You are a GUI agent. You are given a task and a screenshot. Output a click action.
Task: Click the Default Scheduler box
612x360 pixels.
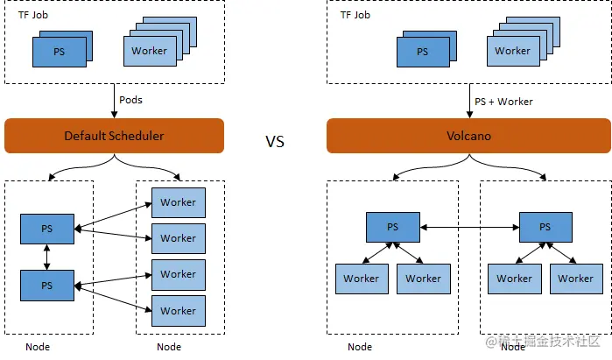pyautogui.click(x=114, y=136)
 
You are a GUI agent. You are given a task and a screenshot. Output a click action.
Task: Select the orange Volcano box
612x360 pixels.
pyautogui.click(x=468, y=136)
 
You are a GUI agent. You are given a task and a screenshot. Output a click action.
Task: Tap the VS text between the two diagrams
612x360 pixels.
pyautogui.click(x=275, y=141)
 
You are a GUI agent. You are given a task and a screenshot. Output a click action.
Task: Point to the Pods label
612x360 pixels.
pyautogui.click(x=130, y=100)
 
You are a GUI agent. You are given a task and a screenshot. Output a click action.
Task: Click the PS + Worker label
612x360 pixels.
pyautogui.click(x=503, y=102)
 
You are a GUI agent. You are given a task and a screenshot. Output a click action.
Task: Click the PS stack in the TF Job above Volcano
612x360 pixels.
pyautogui.click(x=423, y=51)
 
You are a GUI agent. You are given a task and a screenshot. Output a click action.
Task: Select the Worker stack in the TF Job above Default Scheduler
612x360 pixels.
pyautogui.click(x=150, y=51)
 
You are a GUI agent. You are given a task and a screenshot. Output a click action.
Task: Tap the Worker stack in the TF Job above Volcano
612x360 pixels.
pyautogui.click(x=512, y=51)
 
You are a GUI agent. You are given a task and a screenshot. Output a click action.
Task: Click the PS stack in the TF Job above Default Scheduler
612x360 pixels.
pyautogui.click(x=60, y=51)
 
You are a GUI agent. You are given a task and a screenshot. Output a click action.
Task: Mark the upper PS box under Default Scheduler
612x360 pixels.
pyautogui.click(x=47, y=229)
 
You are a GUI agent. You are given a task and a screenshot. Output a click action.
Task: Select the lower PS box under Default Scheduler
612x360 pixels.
pyautogui.click(x=47, y=286)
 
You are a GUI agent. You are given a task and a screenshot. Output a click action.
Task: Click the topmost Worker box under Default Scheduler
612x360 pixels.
pyautogui.click(x=178, y=202)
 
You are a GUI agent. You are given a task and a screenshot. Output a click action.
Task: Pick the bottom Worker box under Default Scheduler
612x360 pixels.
pyautogui.click(x=178, y=310)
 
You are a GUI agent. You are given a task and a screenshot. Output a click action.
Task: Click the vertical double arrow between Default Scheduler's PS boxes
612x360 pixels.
pyautogui.click(x=47, y=258)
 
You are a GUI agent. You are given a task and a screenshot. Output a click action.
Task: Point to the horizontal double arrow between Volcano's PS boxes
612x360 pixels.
pyautogui.click(x=468, y=227)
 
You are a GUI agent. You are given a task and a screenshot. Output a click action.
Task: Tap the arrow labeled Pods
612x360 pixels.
pyautogui.click(x=115, y=101)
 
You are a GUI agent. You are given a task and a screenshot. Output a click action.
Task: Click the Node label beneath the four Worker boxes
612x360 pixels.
pyautogui.click(x=169, y=347)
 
